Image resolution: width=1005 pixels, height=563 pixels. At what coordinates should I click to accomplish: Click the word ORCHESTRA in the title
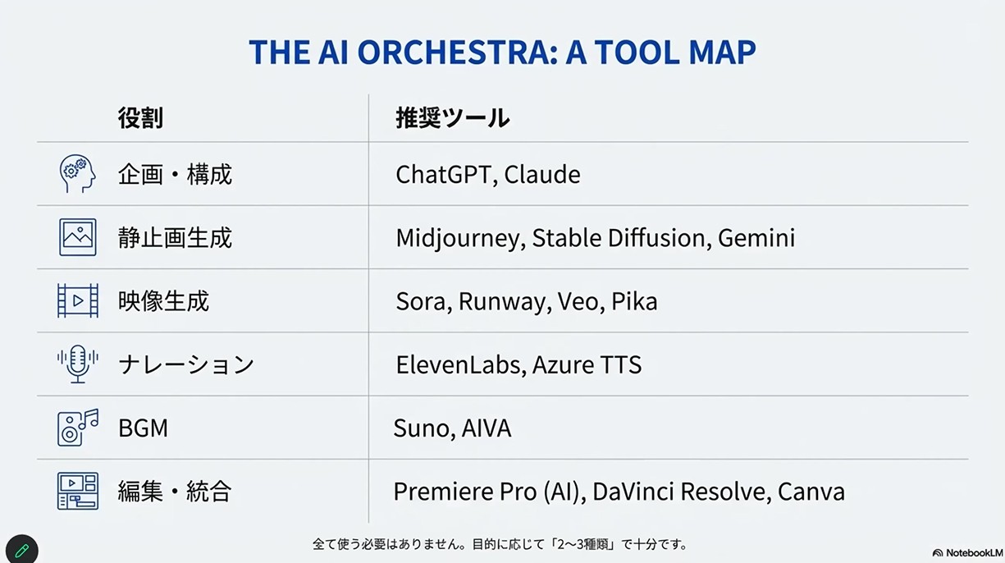[457, 52]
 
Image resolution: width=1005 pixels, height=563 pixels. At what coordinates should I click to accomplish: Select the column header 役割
[140, 118]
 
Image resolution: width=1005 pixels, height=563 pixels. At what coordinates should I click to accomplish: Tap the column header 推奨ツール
[452, 118]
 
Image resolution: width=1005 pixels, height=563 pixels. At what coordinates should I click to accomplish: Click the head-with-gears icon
[78, 174]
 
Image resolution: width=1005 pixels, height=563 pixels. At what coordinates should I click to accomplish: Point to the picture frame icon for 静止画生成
[78, 237]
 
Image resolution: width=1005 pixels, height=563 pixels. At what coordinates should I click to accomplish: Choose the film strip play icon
[78, 300]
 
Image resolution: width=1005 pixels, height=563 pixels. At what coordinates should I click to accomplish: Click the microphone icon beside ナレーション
[78, 364]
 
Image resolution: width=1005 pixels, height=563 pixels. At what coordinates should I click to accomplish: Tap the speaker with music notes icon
[78, 428]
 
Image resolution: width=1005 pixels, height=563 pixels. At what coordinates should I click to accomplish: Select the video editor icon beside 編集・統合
[78, 491]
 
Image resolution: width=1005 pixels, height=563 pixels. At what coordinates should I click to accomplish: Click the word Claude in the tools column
[542, 174]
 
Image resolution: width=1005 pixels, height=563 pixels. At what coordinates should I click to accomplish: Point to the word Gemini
[756, 238]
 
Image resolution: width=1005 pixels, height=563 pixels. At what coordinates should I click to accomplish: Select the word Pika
[634, 301]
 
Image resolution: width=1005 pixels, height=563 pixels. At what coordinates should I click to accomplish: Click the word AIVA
[487, 428]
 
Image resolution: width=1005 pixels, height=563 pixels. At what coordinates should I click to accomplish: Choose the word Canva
[811, 491]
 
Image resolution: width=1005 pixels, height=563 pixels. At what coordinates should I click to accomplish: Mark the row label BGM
[143, 428]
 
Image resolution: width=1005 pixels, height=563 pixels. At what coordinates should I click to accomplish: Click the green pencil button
[22, 550]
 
